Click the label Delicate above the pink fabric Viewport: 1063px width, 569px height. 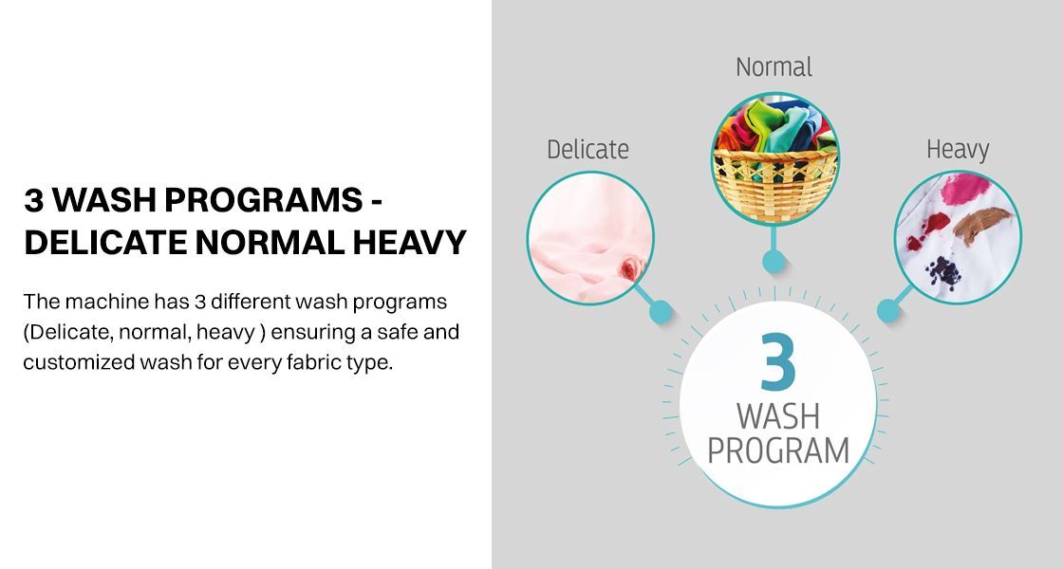pyautogui.click(x=587, y=150)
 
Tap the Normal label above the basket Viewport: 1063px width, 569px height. pyautogui.click(x=774, y=67)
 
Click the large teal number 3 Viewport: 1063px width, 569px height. pyautogui.click(x=777, y=361)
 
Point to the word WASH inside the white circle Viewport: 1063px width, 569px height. pyautogui.click(x=778, y=416)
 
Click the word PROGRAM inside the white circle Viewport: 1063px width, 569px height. pyautogui.click(x=778, y=450)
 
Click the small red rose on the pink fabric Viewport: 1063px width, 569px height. pyautogui.click(x=629, y=269)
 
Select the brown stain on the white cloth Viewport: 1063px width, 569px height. pyautogui.click(x=981, y=224)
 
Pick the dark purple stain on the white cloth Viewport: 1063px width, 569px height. pyautogui.click(x=943, y=271)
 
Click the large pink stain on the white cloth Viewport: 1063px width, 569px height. pyautogui.click(x=965, y=189)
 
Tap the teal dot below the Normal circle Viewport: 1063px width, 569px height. pyautogui.click(x=774, y=261)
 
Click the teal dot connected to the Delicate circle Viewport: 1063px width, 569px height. pyautogui.click(x=661, y=312)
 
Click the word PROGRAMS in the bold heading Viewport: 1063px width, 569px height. pyautogui.click(x=264, y=200)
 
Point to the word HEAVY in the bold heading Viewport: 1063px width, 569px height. pyautogui.click(x=409, y=243)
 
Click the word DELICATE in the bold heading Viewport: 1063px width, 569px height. pyautogui.click(x=105, y=243)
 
